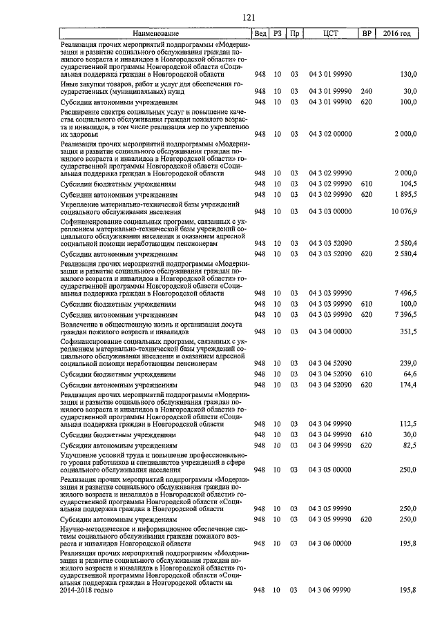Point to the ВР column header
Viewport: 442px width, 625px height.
366,33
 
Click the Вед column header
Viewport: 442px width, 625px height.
260,33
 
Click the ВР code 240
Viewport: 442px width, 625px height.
366,91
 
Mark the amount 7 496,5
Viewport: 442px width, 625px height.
405,294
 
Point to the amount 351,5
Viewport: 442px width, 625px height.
409,331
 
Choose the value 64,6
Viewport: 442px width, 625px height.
410,374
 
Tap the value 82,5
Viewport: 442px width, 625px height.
410,445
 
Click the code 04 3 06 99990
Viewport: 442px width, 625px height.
330,590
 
